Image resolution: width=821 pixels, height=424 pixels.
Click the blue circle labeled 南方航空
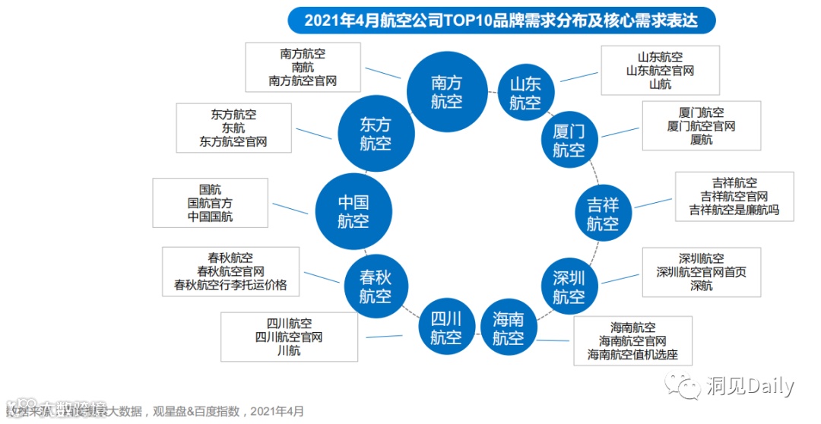coord(446,91)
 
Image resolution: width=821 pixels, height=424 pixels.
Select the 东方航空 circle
coord(376,134)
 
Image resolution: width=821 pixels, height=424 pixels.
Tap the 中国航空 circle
coord(353,211)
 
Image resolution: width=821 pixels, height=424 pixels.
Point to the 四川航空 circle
coord(446,327)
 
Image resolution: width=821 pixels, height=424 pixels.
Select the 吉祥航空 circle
coord(603,214)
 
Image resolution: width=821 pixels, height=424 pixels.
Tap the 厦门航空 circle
coord(569,140)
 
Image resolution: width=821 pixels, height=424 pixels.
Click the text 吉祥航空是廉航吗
coord(734,210)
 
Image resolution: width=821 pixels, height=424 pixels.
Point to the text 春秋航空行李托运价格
coord(230,285)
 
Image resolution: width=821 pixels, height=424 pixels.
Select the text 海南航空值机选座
coord(632,355)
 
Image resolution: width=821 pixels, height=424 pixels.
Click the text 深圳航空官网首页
coord(702,272)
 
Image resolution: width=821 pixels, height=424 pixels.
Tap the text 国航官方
coord(210,203)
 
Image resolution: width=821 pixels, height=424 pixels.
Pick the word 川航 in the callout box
coord(288,350)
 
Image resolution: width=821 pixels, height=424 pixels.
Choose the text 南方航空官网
coord(303,80)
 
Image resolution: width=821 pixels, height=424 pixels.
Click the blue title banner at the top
coord(501,19)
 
